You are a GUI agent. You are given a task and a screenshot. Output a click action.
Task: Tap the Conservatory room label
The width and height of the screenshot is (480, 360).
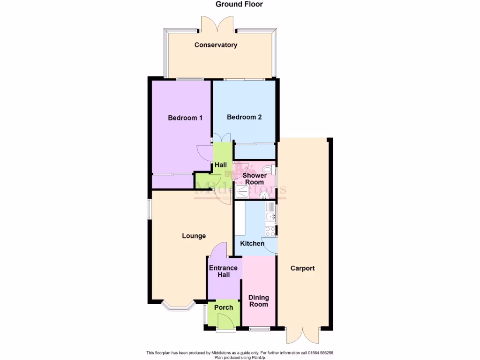click(216, 45)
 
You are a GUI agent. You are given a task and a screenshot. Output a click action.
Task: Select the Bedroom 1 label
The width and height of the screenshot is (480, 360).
click(185, 118)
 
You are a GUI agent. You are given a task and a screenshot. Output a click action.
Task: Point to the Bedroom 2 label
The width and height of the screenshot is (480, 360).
click(244, 117)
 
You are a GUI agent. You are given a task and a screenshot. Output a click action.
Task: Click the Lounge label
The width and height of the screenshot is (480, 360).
click(194, 236)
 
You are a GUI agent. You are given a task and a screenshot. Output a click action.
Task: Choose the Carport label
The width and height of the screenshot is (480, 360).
click(302, 269)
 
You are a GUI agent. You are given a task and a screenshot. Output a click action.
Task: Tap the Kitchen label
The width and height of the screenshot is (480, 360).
click(252, 244)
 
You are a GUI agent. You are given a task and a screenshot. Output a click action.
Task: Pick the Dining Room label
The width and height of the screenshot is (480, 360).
click(259, 301)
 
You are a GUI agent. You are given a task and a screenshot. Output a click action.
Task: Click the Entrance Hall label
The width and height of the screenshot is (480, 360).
click(223, 271)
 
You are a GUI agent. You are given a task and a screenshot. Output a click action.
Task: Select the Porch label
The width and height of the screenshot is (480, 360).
click(224, 307)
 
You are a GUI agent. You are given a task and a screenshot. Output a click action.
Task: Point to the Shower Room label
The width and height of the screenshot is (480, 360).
click(255, 179)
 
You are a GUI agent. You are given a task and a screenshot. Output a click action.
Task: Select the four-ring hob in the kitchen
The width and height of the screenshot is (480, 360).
click(270, 231)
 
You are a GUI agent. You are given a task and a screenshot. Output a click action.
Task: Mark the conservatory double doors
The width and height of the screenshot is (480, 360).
click(216, 23)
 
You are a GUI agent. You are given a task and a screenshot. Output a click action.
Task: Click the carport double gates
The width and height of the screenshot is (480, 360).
click(305, 335)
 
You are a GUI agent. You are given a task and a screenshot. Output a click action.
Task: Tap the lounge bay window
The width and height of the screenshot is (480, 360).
click(178, 306)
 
